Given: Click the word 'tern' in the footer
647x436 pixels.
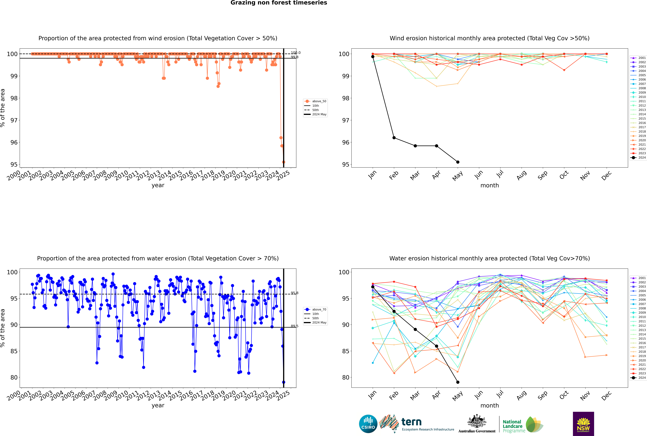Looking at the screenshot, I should [411, 422].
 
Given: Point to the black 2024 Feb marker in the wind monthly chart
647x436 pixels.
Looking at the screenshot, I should [394, 138].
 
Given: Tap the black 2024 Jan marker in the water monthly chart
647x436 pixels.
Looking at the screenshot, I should [373, 287].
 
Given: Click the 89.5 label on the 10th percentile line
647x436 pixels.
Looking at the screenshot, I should [294, 326].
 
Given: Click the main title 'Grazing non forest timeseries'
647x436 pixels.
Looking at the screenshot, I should [279, 3].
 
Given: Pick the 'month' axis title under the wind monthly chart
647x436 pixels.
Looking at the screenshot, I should [490, 185].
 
